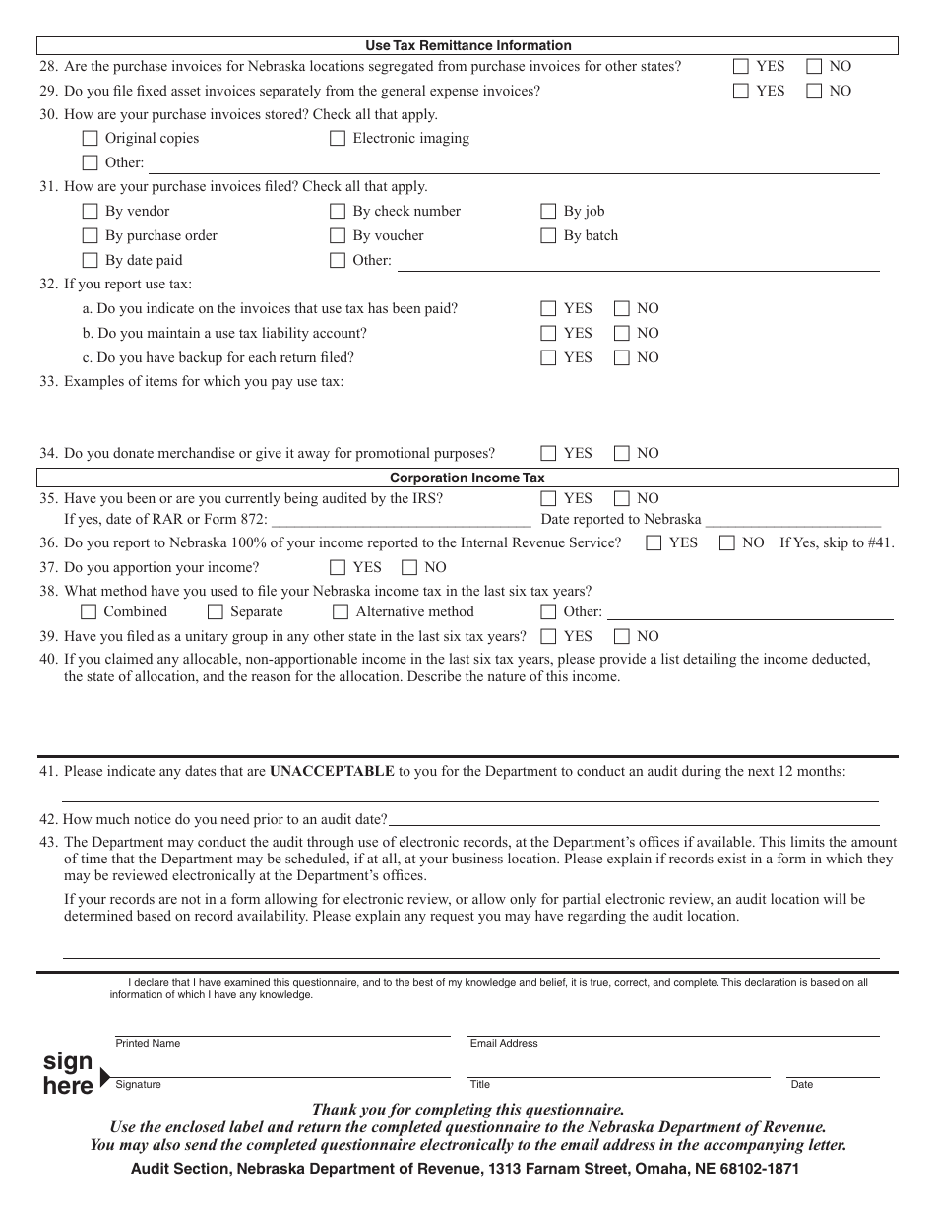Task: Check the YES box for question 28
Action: [741, 67]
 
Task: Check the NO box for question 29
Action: [815, 92]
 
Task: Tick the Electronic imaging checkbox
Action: [338, 139]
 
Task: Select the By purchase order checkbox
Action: [90, 236]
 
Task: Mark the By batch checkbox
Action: [548, 236]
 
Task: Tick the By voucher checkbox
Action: [338, 236]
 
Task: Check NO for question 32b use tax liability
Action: [622, 334]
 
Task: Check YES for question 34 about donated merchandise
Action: [548, 454]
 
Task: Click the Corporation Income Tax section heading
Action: [467, 478]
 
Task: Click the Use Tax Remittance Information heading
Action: [467, 45]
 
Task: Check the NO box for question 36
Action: [727, 543]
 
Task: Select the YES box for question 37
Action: [338, 568]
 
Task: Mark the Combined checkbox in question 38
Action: [89, 612]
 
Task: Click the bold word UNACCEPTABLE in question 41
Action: [333, 772]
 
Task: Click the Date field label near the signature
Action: [802, 1085]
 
